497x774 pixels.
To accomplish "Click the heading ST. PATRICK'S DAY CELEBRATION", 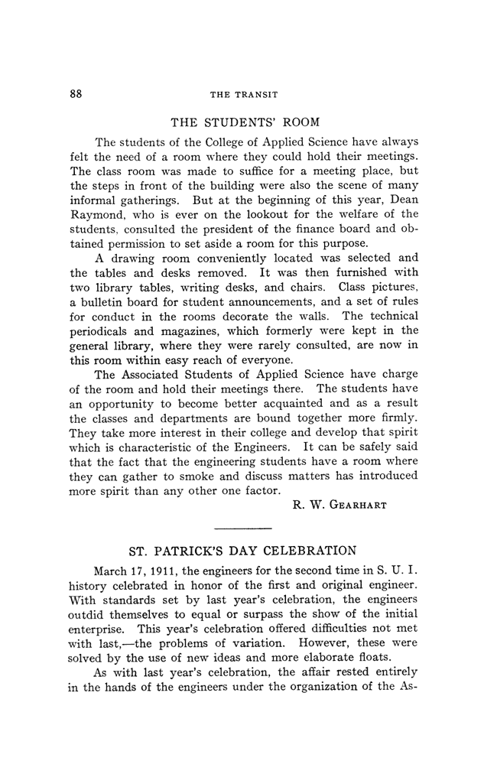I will pyautogui.click(x=244, y=551).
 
